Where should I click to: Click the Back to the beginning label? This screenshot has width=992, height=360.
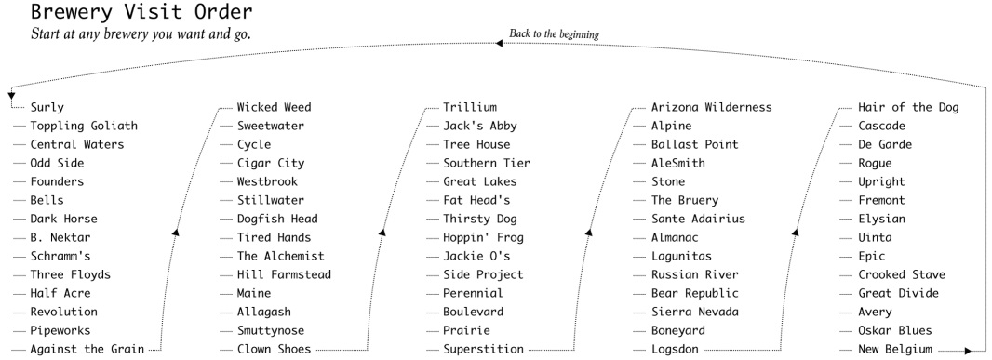554,34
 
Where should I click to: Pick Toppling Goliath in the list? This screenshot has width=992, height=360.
84,127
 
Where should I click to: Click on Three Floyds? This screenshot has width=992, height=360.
70,275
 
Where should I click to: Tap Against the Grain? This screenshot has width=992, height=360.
87,350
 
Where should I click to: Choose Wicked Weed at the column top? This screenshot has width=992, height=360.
274,108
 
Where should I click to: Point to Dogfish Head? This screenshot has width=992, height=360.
277,220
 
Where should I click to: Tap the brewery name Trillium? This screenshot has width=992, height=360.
470,108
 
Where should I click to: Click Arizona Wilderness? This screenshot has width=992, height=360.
711,108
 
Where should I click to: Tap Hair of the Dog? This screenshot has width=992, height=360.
907,108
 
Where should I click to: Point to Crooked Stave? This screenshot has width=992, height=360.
901,275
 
